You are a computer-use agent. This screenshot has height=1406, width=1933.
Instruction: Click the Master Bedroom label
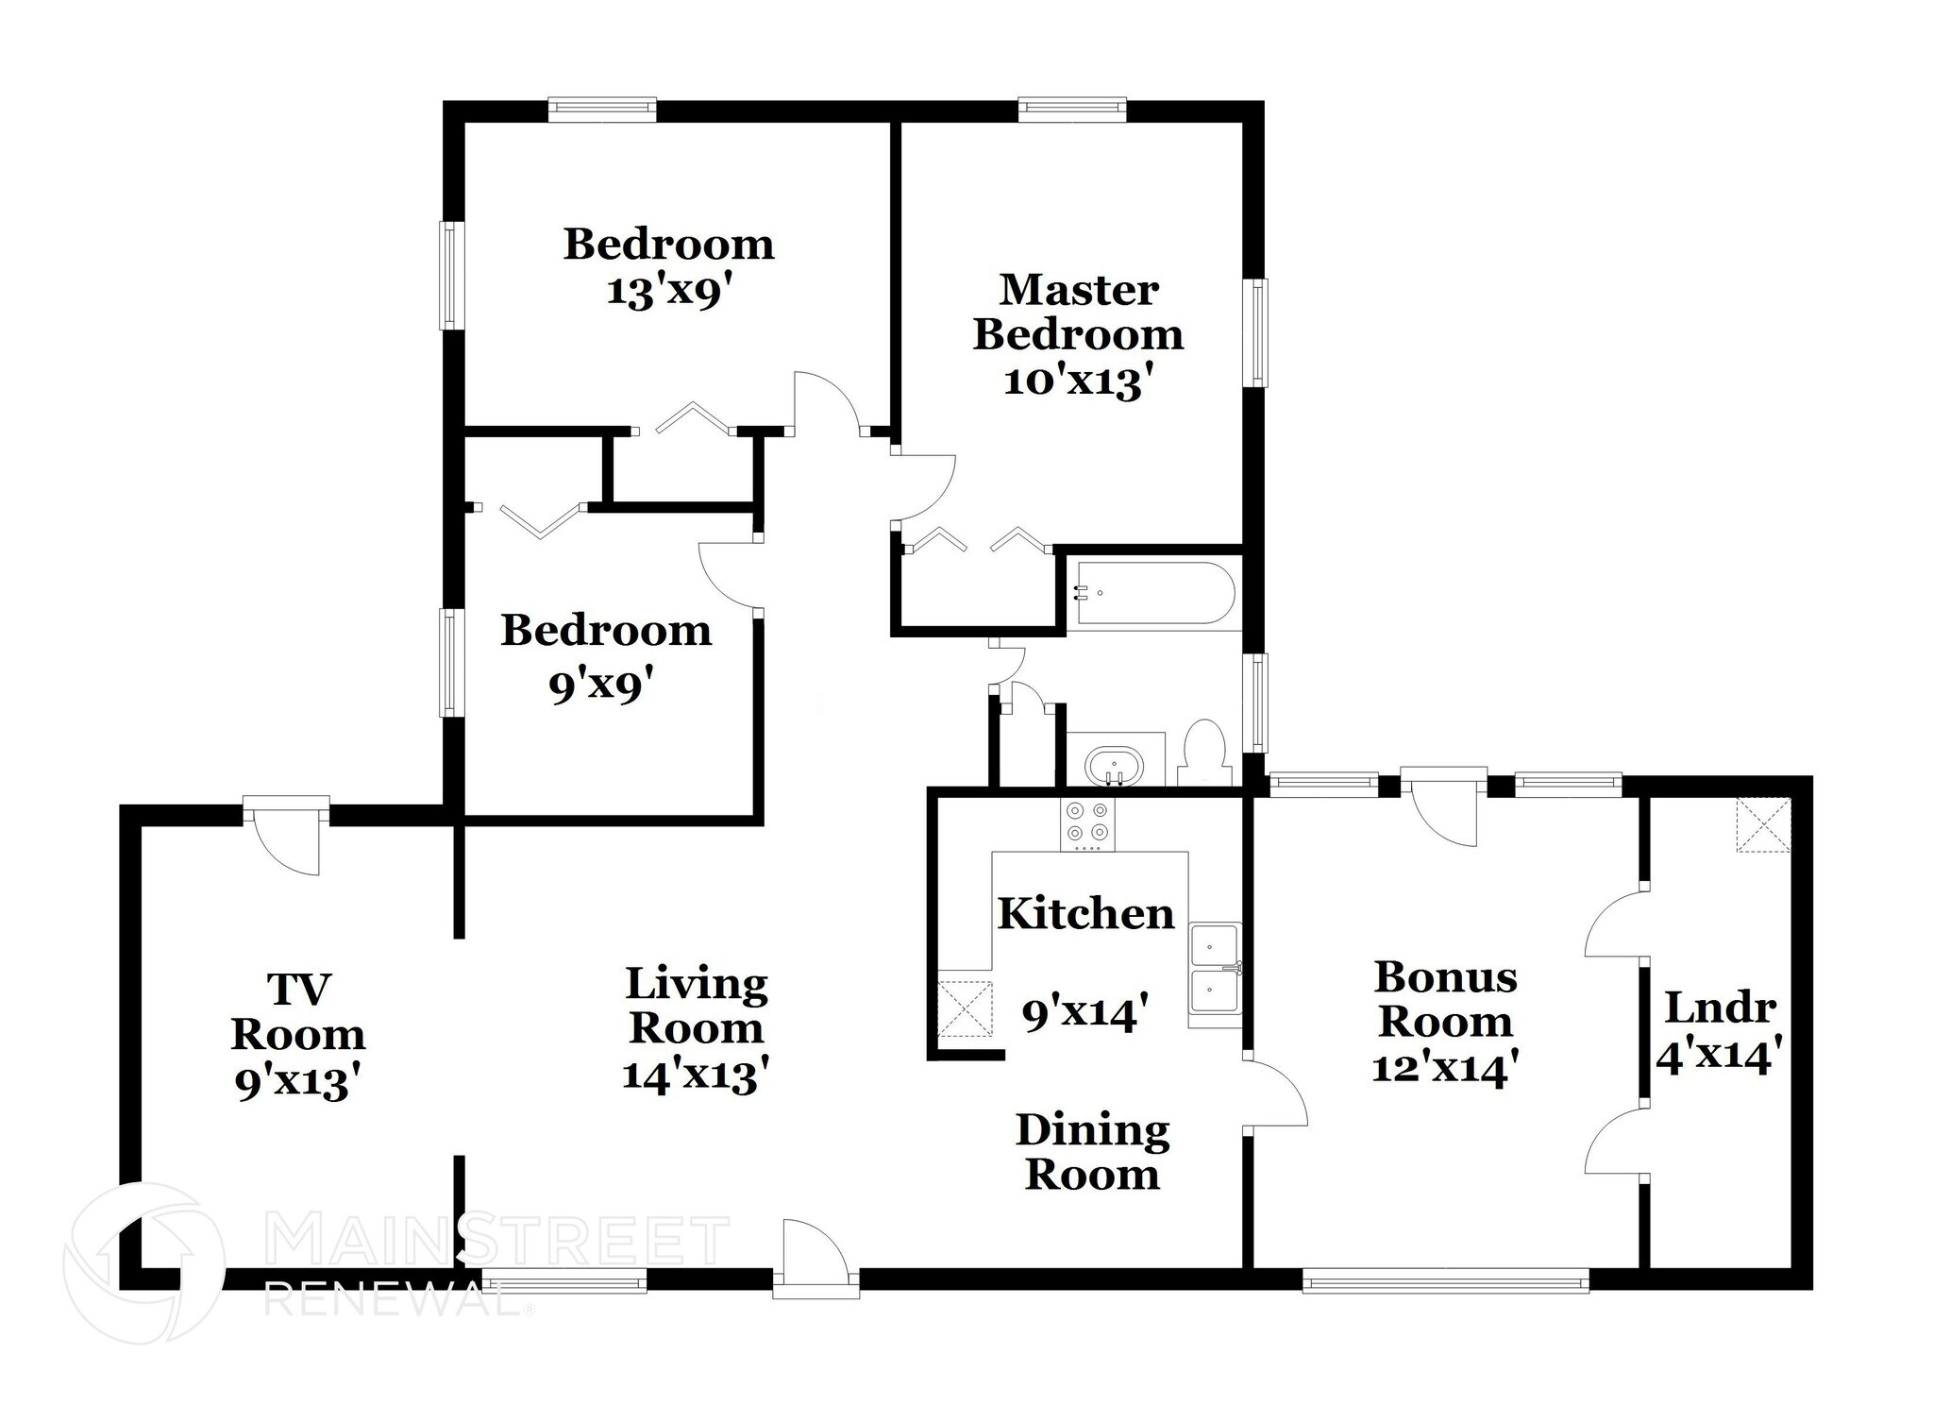1078,312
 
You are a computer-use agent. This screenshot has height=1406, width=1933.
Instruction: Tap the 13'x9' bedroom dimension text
669,292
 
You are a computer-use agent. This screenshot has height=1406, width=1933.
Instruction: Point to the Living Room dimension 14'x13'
697,1075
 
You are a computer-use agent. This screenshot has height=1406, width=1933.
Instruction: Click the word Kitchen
1085,914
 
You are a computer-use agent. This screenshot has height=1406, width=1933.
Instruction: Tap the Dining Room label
1093,1153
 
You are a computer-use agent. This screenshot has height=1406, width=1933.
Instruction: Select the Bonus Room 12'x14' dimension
1444,1068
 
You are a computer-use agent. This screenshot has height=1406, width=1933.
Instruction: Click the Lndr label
1720,1008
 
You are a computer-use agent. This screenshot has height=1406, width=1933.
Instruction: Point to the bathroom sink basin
1115,764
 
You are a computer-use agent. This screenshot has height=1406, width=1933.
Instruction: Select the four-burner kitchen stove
1086,822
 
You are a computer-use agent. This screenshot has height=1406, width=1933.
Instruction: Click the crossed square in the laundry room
1763,824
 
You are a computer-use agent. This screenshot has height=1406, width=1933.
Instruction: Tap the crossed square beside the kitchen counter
965,1008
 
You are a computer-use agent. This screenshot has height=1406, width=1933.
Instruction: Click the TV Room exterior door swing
288,839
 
